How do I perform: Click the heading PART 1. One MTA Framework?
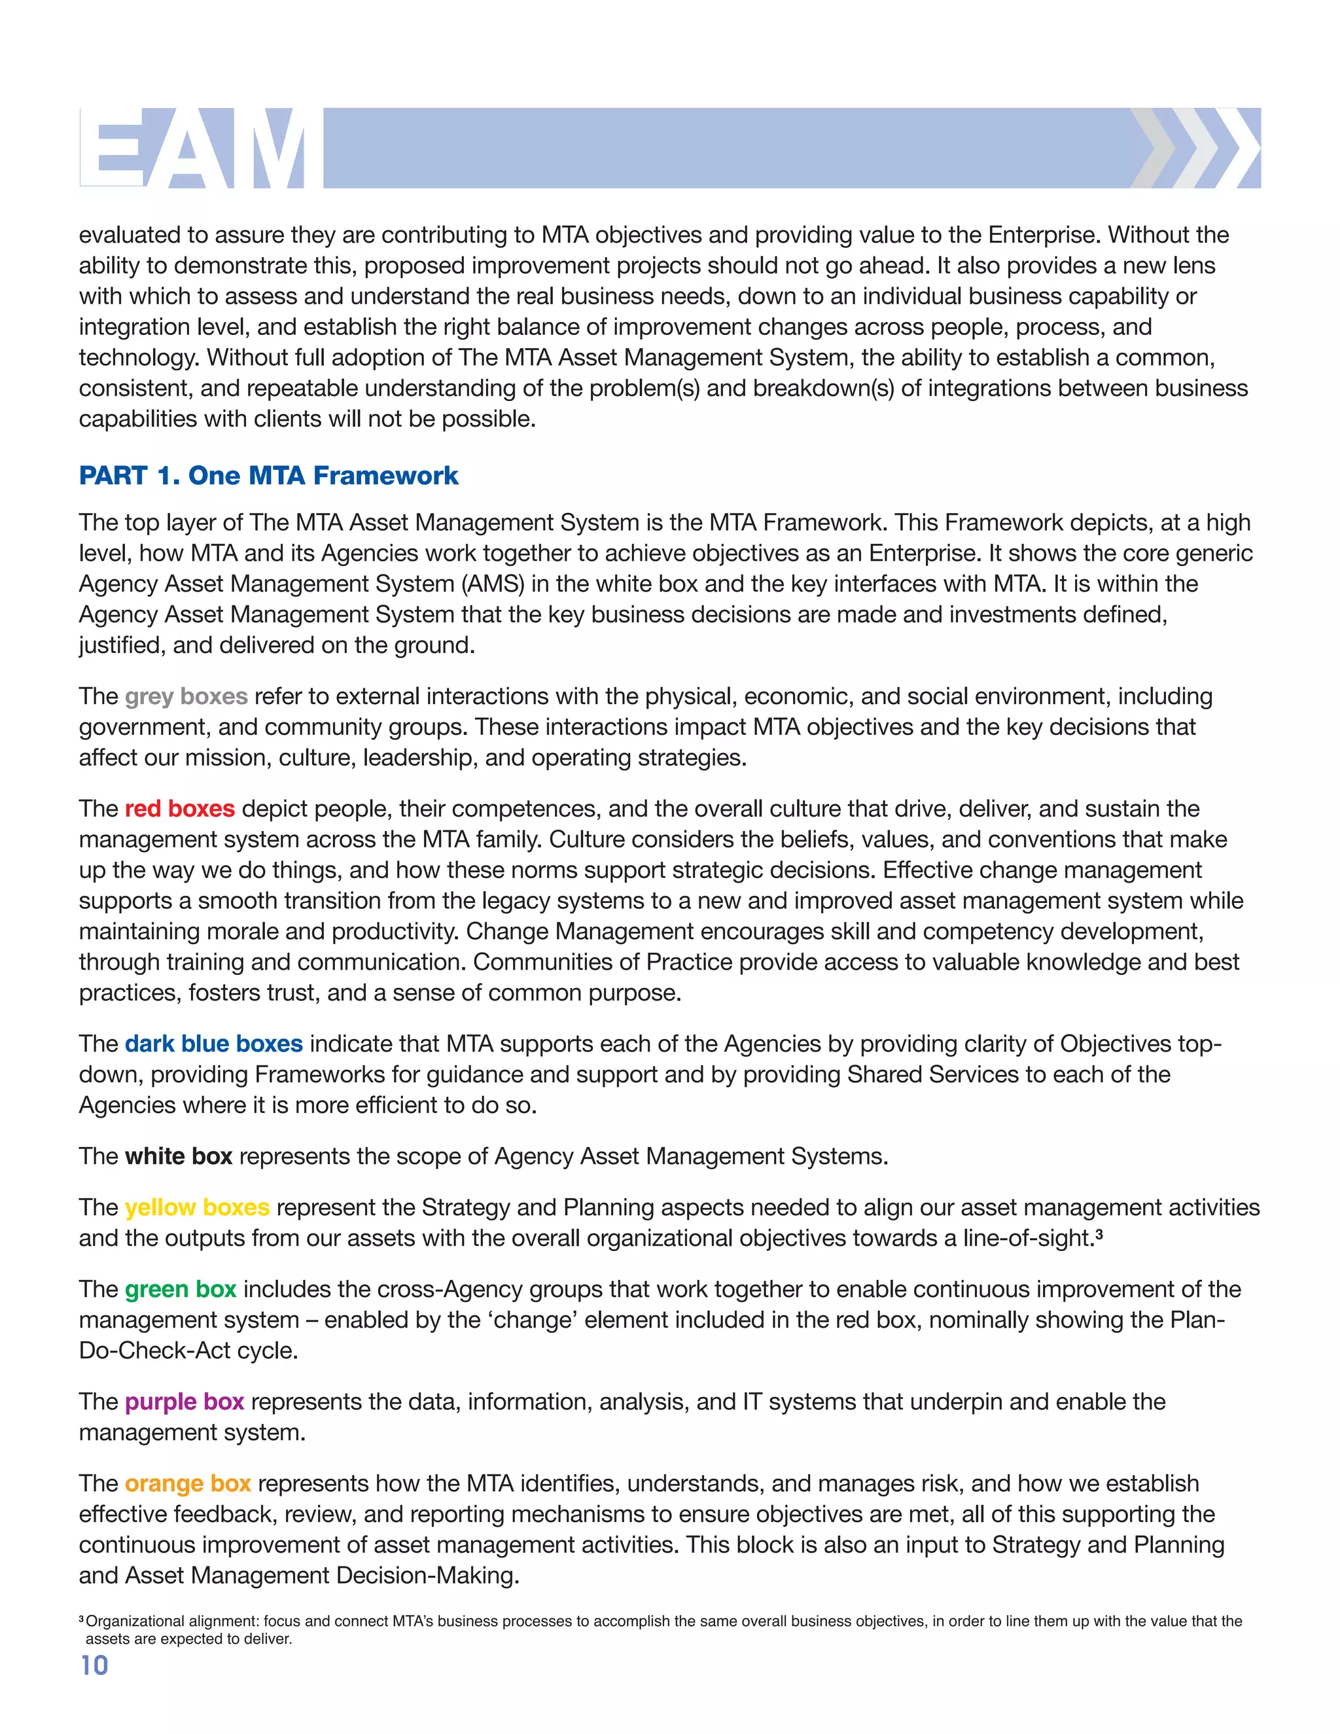pyautogui.click(x=268, y=476)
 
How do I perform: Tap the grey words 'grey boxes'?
pyautogui.click(x=186, y=696)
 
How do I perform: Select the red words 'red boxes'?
pyautogui.click(x=179, y=808)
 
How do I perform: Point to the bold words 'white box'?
pyautogui.click(x=179, y=1156)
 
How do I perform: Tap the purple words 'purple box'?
pyautogui.click(x=184, y=1402)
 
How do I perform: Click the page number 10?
pyautogui.click(x=94, y=1665)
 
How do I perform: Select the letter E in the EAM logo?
pyautogui.click(x=113, y=149)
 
